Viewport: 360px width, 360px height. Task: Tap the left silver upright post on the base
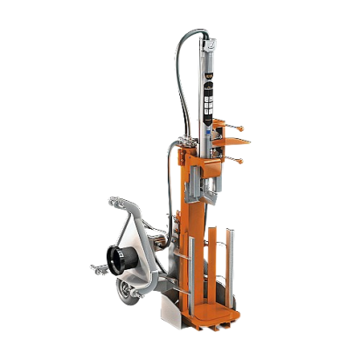[x=212, y=262]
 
